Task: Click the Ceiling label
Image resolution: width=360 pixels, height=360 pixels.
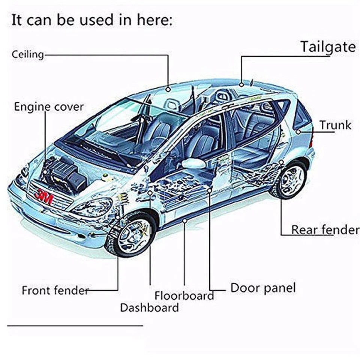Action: point(28,54)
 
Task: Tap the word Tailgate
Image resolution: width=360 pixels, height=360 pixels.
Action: point(327,47)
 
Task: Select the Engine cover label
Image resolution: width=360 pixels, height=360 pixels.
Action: point(49,107)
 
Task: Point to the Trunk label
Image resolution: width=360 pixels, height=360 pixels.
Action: point(335,125)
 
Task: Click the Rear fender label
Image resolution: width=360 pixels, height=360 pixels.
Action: point(325,229)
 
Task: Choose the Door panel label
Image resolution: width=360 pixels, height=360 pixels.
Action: point(263,288)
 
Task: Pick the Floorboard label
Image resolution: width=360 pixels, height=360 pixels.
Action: point(184,295)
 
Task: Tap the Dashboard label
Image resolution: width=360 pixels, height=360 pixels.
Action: point(149,308)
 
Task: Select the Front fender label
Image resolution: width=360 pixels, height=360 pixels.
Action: point(55,290)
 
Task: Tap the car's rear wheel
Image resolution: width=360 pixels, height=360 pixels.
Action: point(291,180)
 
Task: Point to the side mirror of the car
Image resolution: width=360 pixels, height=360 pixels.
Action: point(193,163)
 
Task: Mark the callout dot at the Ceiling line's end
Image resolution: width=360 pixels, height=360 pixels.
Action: point(168,89)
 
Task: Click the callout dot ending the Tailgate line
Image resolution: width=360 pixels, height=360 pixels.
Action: point(241,85)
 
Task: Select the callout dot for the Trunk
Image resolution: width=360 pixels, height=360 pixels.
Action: point(298,132)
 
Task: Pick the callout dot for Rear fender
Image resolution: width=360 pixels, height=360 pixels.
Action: point(281,162)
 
